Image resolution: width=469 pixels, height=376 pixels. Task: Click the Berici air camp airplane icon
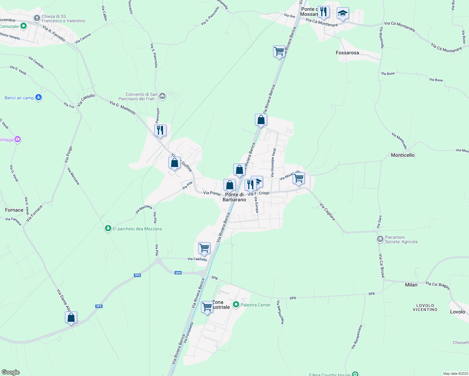point(39,97)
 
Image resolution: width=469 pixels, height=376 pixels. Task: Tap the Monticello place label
point(403,155)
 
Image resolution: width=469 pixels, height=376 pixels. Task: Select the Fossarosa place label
point(347,53)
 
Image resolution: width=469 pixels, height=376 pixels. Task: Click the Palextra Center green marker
point(236,305)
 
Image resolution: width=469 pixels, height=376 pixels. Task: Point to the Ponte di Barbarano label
point(234,197)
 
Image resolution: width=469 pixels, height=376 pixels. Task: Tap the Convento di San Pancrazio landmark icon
point(162,96)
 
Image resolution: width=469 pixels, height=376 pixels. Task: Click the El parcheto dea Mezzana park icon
point(108,229)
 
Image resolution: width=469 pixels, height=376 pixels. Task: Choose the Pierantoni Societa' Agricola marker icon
point(380,239)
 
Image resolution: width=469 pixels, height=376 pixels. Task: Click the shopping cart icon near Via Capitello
point(204,248)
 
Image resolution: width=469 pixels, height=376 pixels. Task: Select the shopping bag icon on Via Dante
point(71,317)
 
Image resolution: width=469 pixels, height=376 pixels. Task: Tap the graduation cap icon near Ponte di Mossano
point(343,13)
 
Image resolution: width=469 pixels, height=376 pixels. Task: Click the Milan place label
point(411,285)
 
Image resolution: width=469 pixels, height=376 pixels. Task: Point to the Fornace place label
point(14,210)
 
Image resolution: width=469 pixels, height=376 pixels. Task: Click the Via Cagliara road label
point(328,212)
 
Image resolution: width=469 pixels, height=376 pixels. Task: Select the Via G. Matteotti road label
point(123,107)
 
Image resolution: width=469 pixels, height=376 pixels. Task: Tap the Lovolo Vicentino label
point(425,307)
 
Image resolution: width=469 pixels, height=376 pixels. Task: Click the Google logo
point(11,372)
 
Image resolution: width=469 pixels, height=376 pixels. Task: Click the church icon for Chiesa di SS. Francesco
point(37,18)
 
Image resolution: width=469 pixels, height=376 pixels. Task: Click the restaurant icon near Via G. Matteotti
point(160,130)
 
